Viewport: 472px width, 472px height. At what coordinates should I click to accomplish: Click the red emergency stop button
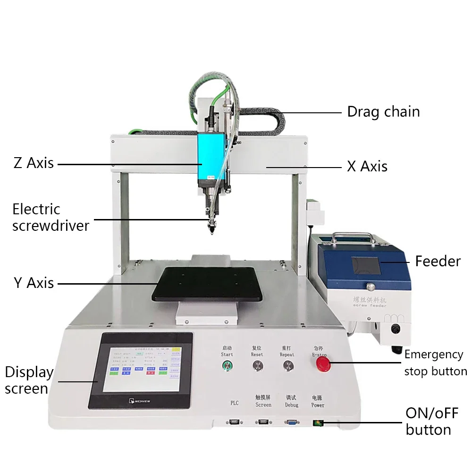(323, 363)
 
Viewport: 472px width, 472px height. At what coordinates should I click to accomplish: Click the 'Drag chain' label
(383, 112)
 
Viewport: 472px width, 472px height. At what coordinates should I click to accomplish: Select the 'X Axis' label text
(367, 166)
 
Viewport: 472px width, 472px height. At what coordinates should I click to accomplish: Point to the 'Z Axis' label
(34, 163)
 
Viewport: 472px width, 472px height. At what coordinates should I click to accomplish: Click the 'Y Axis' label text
(34, 283)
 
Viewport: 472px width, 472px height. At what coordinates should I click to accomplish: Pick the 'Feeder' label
(438, 261)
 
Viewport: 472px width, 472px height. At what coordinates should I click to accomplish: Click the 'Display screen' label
(29, 380)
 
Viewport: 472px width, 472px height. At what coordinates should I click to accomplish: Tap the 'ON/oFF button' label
(431, 421)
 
